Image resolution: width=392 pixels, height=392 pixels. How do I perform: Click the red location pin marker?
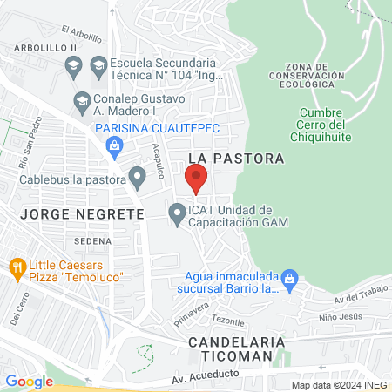point(196,178)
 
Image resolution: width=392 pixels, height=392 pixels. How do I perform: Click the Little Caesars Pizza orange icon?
point(17,266)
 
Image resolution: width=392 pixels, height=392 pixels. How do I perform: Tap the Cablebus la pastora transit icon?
point(137,175)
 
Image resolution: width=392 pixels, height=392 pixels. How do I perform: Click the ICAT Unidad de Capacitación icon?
point(177,212)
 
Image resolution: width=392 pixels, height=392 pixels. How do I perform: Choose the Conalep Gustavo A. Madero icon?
point(83,100)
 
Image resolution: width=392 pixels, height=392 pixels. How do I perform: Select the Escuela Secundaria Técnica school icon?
point(98,64)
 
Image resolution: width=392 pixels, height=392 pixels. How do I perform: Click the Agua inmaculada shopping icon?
point(291,280)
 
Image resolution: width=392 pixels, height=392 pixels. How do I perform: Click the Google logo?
point(29,381)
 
